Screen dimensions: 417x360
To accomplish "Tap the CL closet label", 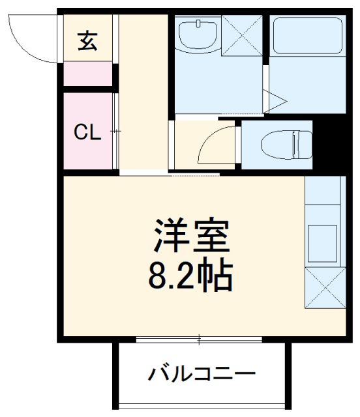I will click(87, 134).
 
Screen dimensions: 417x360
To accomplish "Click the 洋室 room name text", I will click(192, 238).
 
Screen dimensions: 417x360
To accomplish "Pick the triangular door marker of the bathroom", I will click(275, 100).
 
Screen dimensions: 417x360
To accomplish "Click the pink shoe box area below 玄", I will click(87, 75).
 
